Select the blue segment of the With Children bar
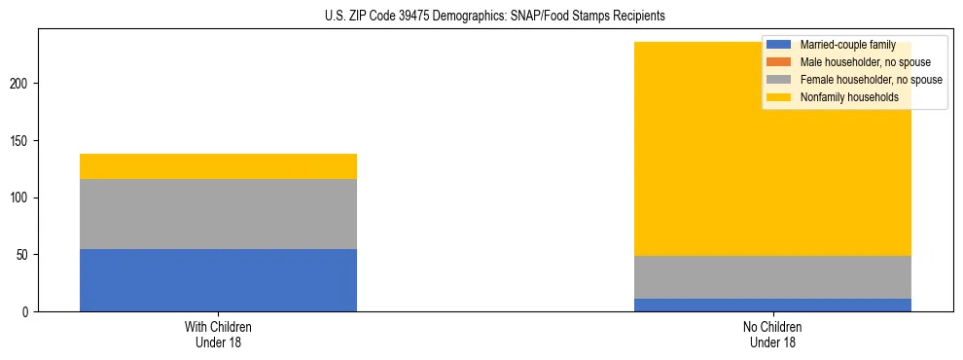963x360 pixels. pyautogui.click(x=218, y=280)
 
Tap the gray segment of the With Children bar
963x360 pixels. pyautogui.click(x=218, y=214)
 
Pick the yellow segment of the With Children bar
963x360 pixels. pyautogui.click(x=218, y=166)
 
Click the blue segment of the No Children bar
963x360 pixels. pyautogui.click(x=772, y=305)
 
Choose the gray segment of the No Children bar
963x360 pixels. pyautogui.click(x=772, y=277)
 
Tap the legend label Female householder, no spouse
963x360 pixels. pyautogui.click(x=871, y=80)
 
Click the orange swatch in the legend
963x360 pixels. pyautogui.click(x=779, y=62)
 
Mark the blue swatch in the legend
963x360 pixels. pyautogui.click(x=779, y=45)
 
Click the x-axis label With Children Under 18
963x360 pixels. pyautogui.click(x=218, y=334)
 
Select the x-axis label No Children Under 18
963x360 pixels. pyautogui.click(x=772, y=334)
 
